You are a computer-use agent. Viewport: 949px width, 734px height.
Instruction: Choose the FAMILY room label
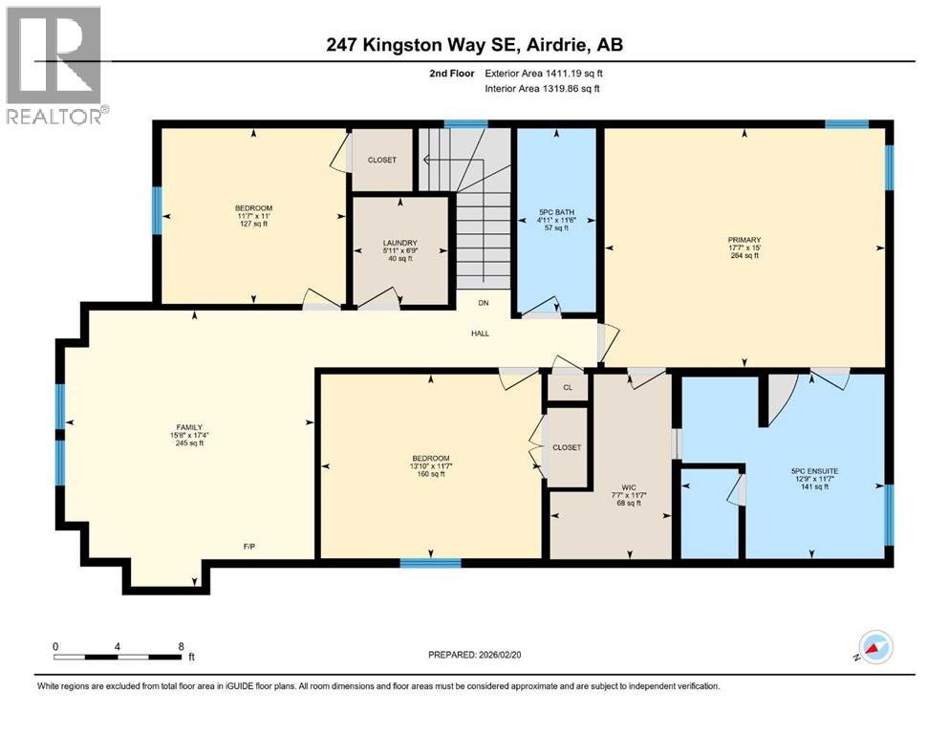pyautogui.click(x=188, y=427)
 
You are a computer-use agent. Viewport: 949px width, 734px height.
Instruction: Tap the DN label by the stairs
pyautogui.click(x=484, y=302)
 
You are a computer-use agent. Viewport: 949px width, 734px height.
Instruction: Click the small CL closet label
pyautogui.click(x=567, y=388)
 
